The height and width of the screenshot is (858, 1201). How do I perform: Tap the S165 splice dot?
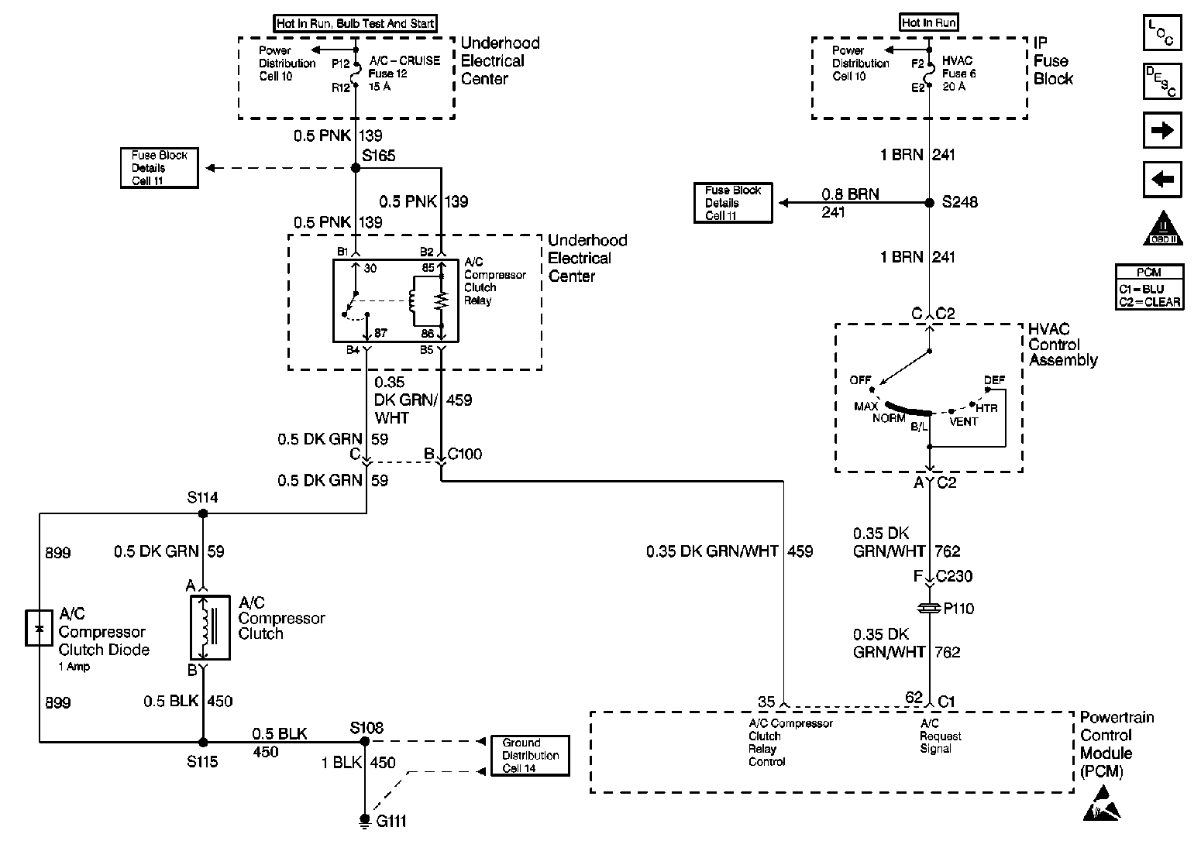pos(356,167)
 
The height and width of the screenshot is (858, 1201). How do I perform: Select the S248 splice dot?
pos(930,203)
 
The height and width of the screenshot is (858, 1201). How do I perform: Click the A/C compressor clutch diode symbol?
pos(38,627)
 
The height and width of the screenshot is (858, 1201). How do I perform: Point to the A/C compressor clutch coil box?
pos(209,627)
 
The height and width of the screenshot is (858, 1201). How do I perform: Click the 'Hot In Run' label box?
pos(929,23)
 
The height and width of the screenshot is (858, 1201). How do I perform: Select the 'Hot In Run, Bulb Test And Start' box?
pos(356,24)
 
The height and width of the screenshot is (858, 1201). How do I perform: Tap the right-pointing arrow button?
pos(1162,130)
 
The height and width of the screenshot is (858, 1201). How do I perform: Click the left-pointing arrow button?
pos(1162,180)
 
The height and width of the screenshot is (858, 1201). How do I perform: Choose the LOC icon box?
pos(1162,33)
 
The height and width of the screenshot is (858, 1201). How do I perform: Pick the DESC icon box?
pos(1162,81)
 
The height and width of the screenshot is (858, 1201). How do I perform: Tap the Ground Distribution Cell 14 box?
pos(530,755)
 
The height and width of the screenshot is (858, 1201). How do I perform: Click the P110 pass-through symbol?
pos(930,609)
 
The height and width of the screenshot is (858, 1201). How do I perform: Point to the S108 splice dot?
pos(365,741)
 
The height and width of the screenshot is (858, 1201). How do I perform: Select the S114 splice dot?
pos(203,513)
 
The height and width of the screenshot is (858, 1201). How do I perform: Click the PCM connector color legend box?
pos(1149,287)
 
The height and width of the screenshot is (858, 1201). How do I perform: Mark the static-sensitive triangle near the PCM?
pos(1101,804)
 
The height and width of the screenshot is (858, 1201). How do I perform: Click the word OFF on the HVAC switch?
pos(860,380)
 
